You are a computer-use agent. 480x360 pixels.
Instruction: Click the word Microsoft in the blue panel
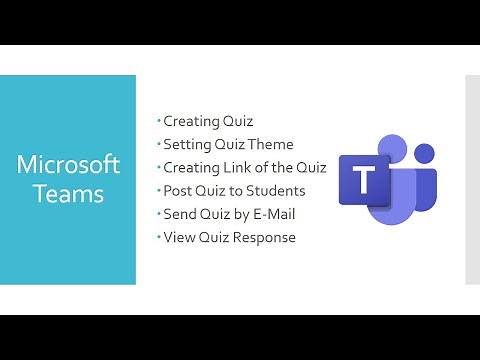68,163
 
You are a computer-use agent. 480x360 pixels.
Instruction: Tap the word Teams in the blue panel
68,193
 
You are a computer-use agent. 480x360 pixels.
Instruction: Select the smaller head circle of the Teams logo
424,154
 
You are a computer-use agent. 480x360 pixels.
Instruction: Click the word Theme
271,144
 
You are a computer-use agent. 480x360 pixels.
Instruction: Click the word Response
262,237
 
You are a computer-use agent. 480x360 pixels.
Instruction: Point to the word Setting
187,144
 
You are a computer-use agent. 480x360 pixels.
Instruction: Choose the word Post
178,190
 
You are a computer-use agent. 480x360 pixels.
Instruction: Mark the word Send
180,213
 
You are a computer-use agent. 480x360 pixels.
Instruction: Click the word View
179,237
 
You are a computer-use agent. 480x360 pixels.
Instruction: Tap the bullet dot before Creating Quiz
158,120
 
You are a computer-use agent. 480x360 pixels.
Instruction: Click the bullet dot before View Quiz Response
158,236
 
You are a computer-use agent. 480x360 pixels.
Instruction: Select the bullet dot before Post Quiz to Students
158,190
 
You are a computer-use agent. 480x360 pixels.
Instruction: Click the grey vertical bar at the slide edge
472,180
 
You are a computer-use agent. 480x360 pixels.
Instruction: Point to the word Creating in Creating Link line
192,167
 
